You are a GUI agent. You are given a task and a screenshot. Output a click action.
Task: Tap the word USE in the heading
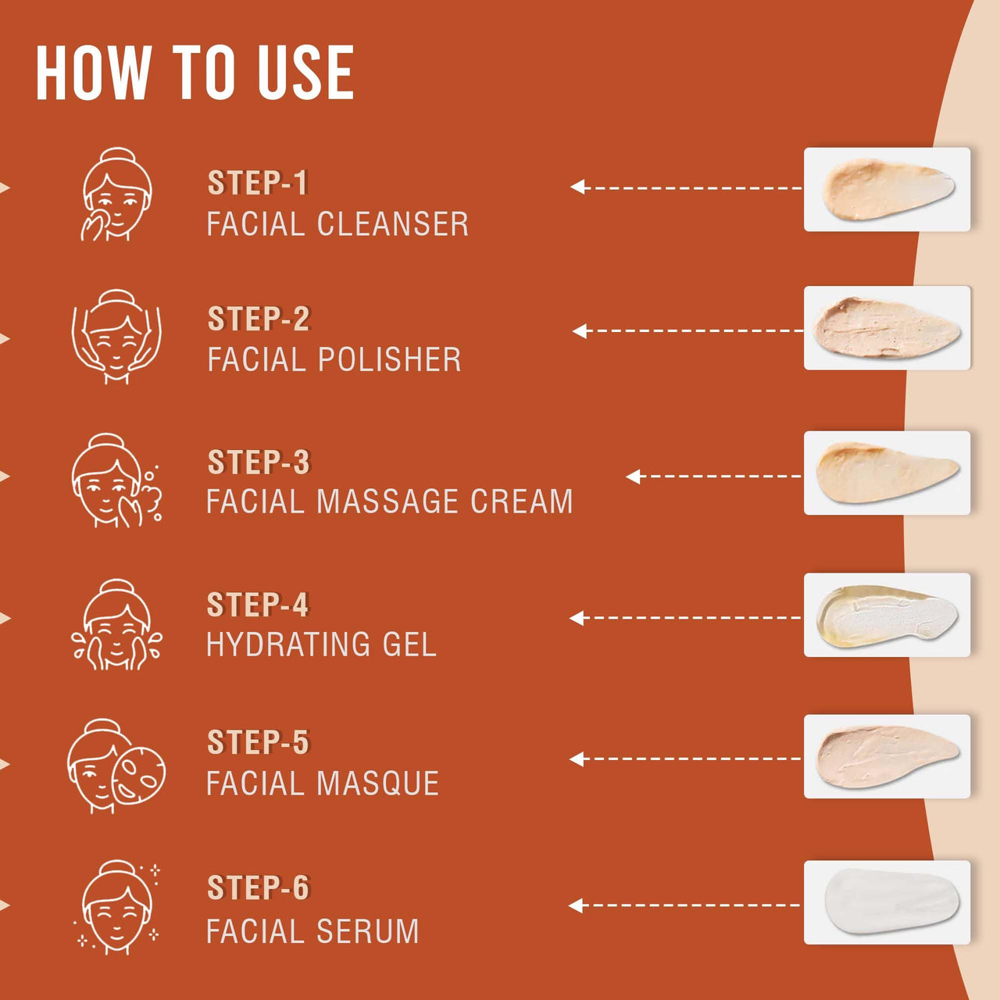306,72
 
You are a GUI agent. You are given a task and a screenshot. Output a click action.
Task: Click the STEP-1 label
257,183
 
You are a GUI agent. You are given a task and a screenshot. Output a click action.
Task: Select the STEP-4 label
258,605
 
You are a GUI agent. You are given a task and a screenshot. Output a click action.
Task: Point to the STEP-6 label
258,887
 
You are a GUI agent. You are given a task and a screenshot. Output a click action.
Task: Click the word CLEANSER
392,224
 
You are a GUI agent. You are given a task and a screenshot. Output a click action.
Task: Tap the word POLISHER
389,359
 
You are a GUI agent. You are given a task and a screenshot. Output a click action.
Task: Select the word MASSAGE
387,502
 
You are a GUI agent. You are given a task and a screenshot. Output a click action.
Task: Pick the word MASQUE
378,783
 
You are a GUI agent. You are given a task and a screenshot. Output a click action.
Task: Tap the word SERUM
367,931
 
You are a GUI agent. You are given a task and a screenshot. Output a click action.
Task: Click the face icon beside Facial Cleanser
116,194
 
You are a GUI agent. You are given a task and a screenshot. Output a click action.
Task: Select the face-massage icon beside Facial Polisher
116,337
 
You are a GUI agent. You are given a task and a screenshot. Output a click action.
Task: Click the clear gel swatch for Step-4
887,615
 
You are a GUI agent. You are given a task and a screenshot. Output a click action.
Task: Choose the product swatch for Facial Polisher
887,328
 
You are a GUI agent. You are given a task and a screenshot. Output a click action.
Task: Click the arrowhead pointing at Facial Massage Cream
633,477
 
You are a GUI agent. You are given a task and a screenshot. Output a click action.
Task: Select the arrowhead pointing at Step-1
577,187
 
